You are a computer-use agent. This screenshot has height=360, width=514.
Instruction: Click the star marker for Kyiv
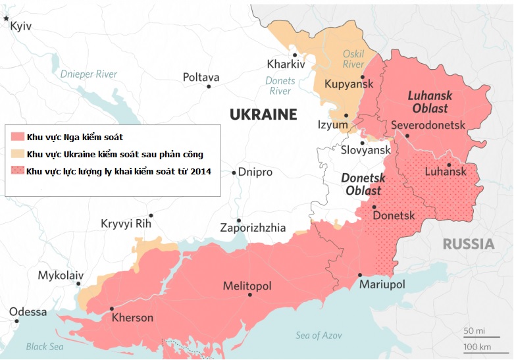pos(7,19)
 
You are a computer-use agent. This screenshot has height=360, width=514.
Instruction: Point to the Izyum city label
pos(332,124)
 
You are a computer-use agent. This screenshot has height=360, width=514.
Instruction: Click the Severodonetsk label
pos(428,124)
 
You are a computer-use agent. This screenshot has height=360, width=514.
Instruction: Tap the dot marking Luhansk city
pos(448,165)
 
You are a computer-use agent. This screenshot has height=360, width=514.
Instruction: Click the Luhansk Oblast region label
pos(428,101)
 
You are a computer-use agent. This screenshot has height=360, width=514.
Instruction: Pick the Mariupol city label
pos(382,284)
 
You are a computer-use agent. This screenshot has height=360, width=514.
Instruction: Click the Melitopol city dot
pos(250,295)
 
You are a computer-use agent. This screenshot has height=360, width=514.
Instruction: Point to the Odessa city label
pos(28,312)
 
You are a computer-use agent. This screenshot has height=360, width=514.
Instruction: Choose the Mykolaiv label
pos(61,275)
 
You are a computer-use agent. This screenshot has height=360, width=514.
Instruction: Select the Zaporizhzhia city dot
pos(238,220)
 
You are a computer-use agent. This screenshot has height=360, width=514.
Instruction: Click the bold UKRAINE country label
pos(263,115)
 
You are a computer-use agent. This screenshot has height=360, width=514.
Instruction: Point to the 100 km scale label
pos(478,346)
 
